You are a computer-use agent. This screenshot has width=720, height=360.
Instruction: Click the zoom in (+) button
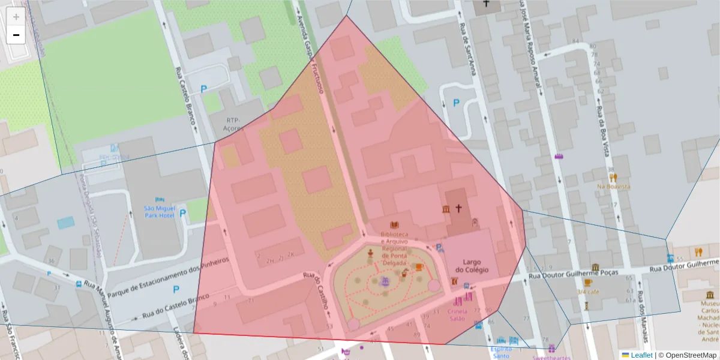point(16,17)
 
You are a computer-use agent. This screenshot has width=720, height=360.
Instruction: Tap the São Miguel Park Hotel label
point(160,212)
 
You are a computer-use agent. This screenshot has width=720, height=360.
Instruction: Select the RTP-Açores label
point(233,124)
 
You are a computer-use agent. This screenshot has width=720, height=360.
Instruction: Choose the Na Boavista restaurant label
point(613,187)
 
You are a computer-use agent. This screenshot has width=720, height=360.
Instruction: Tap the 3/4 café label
point(588,292)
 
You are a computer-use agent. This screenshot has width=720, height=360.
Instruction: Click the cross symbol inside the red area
point(459,209)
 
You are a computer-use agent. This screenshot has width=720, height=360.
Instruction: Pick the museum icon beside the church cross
point(446,209)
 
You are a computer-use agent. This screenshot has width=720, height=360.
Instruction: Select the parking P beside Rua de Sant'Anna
point(456,103)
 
